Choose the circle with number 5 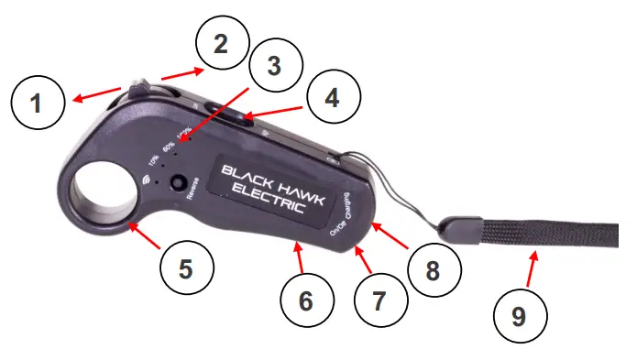point(186,268)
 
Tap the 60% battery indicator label point(169,145)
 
